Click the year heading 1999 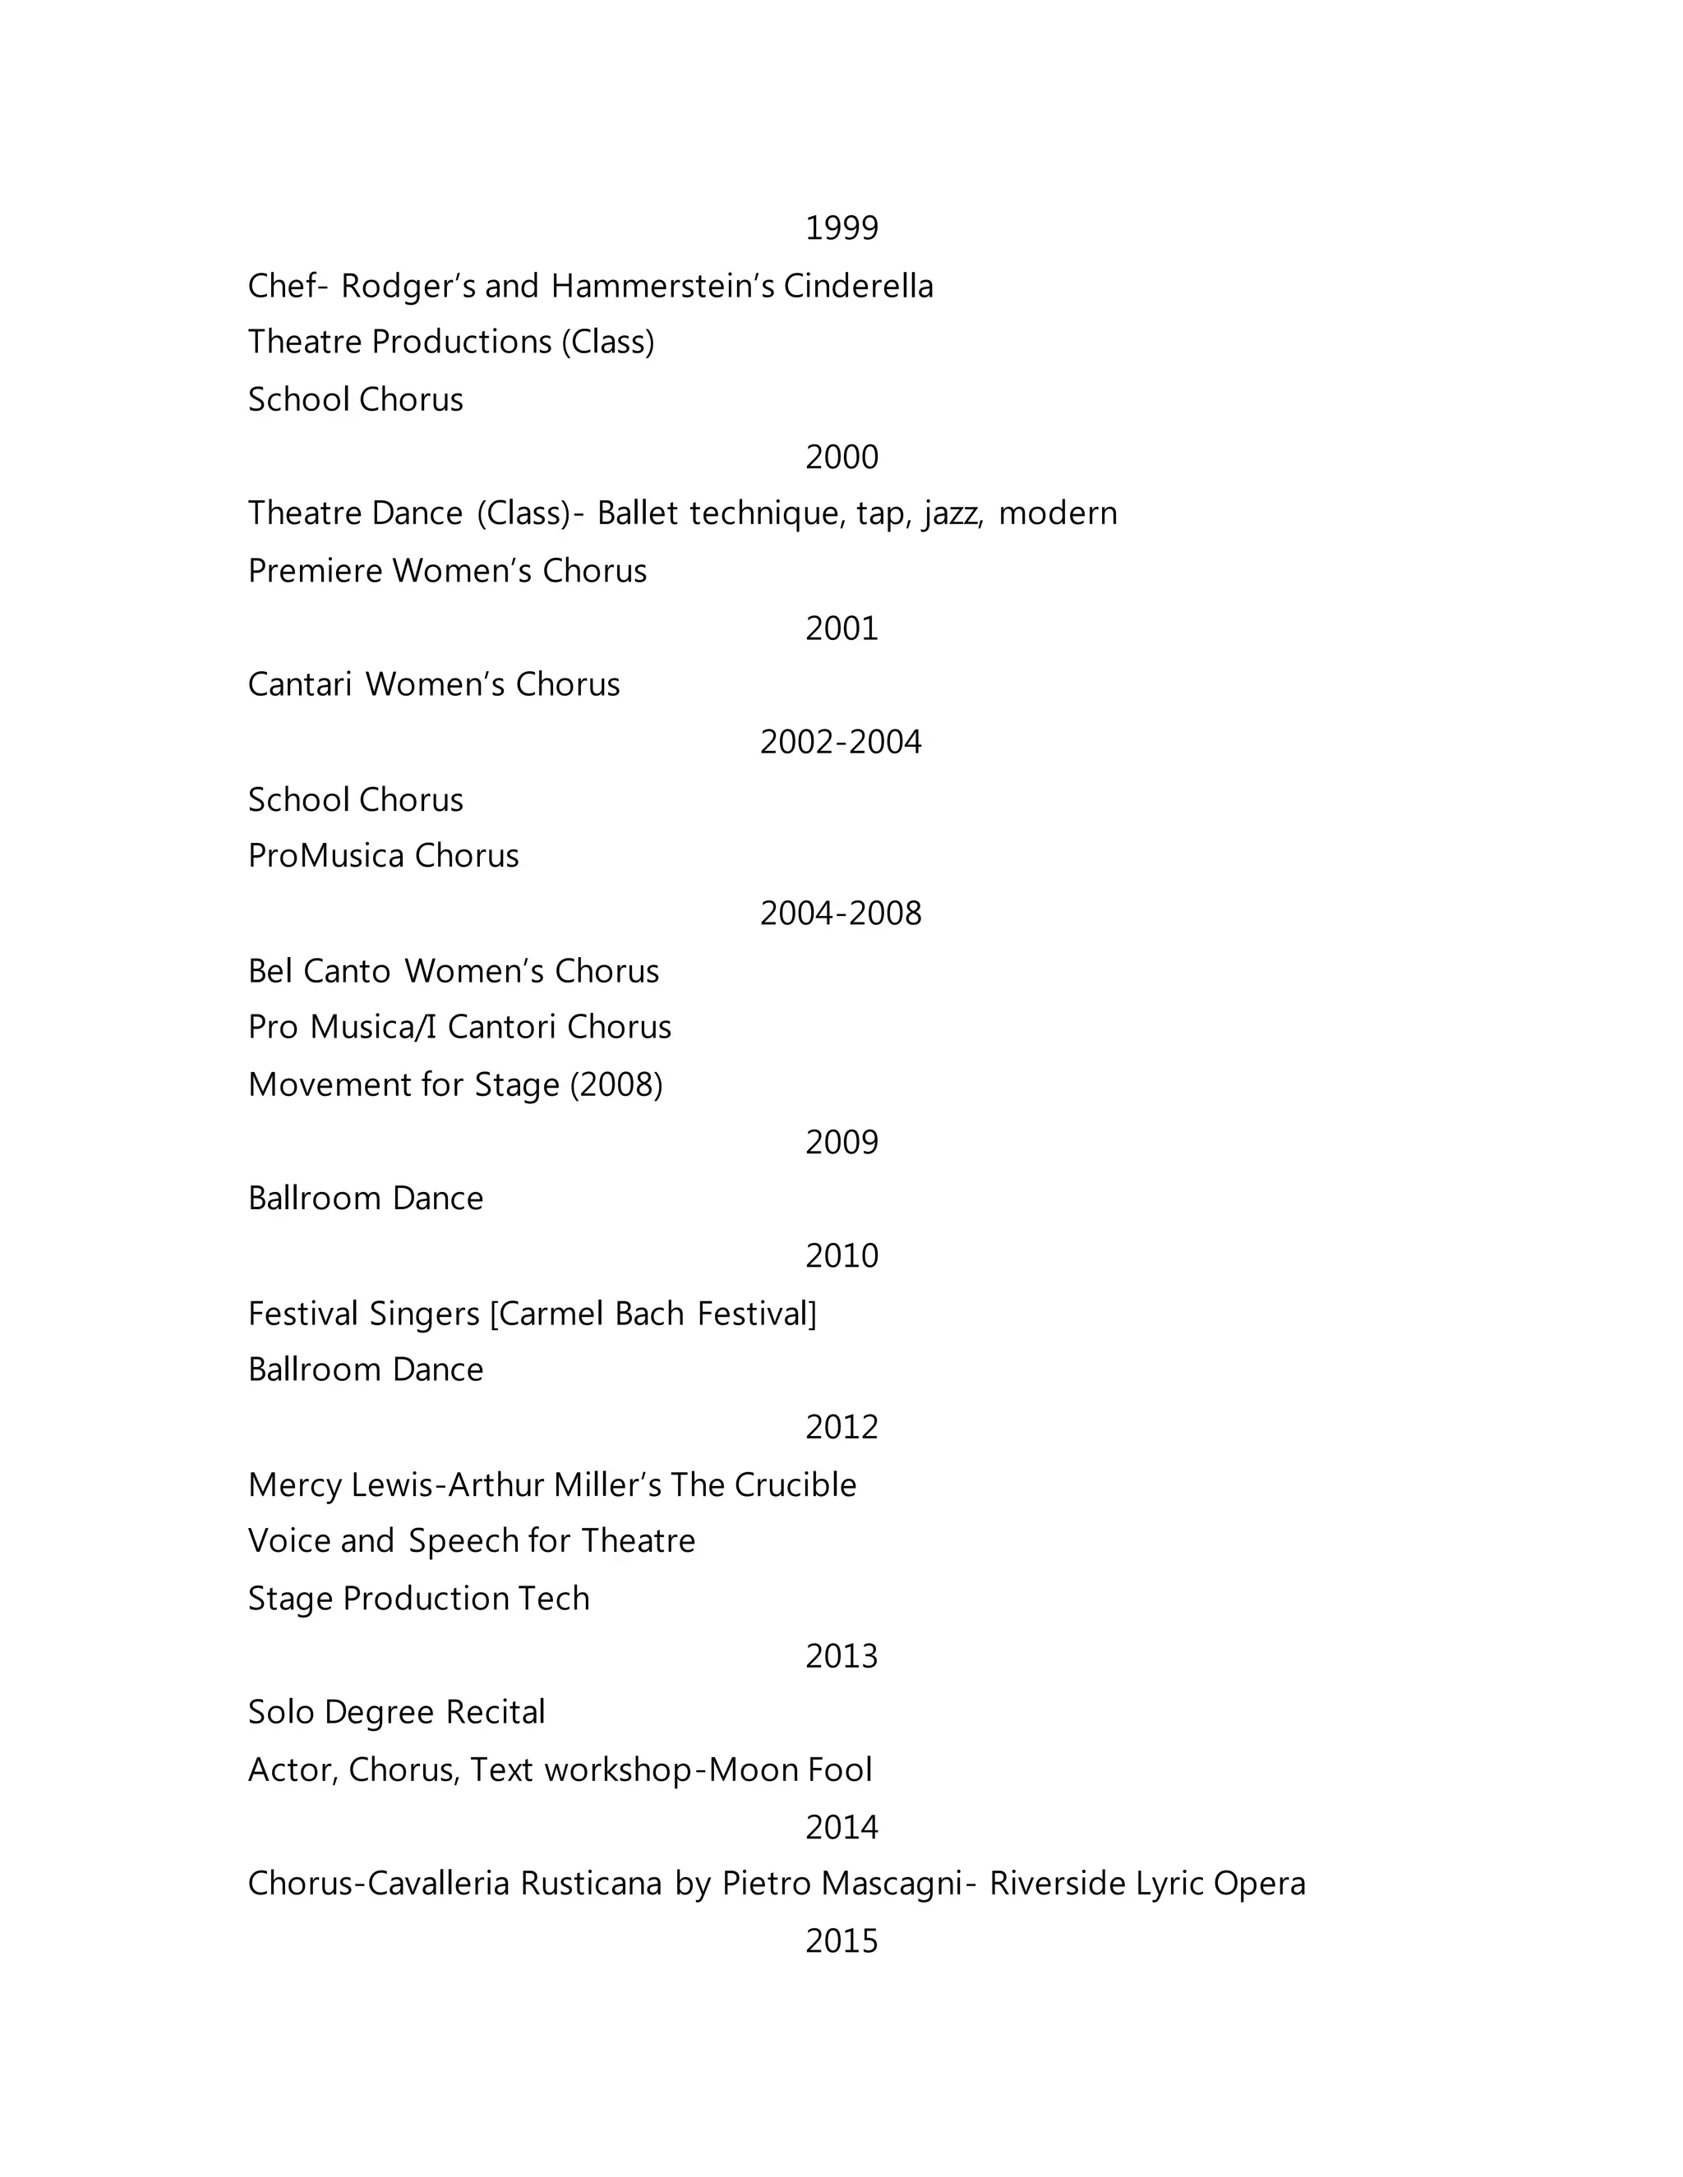[x=841, y=228]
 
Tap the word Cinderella [x=859, y=286]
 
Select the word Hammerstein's [x=662, y=286]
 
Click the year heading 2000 [x=841, y=458]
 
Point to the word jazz [x=954, y=514]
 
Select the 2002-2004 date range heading [x=841, y=743]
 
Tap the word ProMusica [x=324, y=856]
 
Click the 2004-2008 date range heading [x=841, y=914]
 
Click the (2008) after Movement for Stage [x=616, y=1085]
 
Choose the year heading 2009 [x=841, y=1143]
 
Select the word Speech [x=463, y=1542]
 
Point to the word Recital [x=495, y=1713]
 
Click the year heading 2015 [x=841, y=1942]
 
